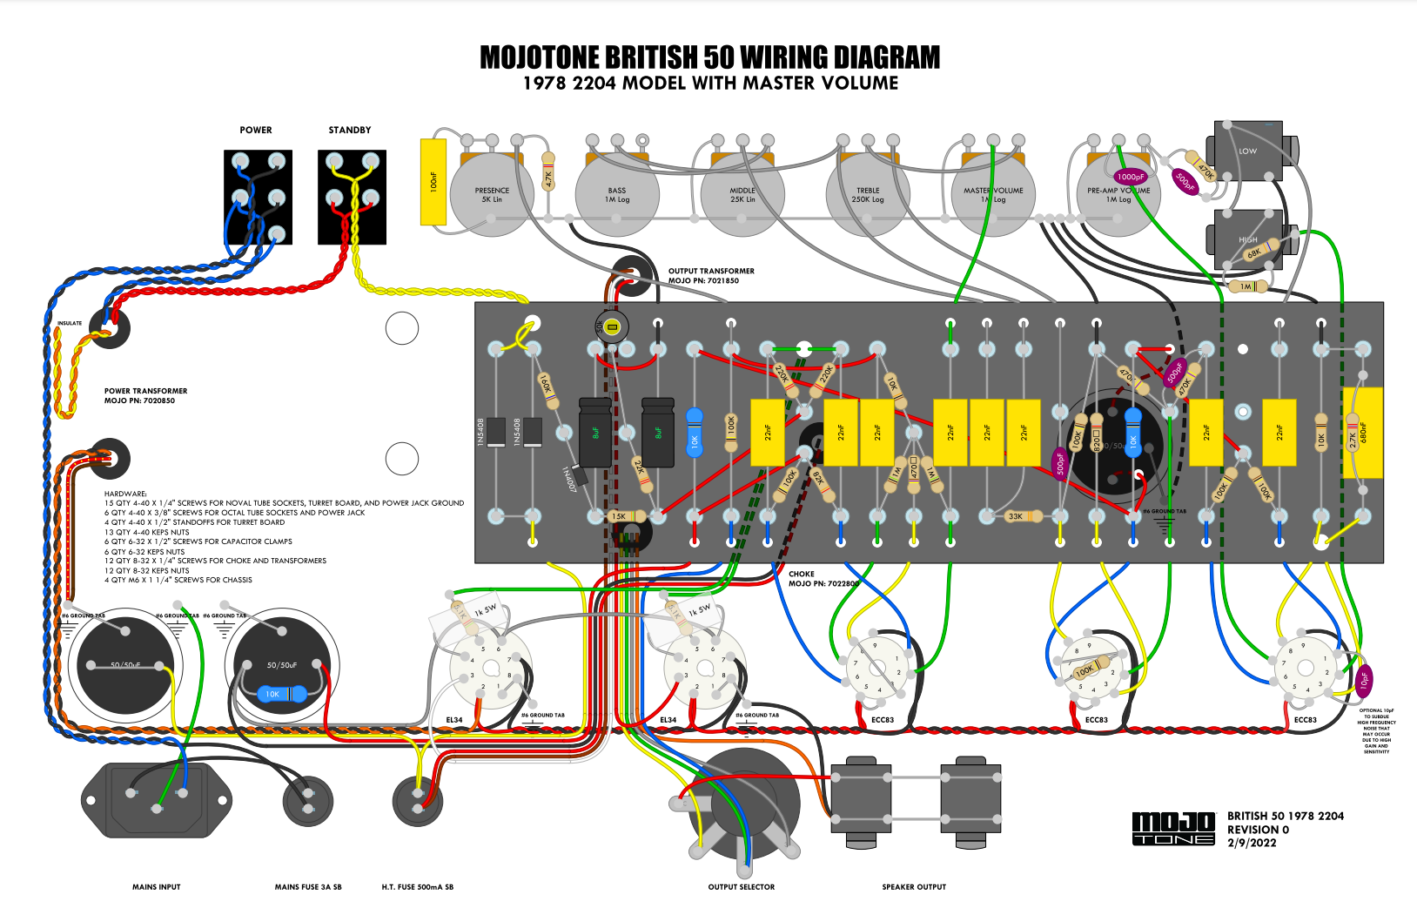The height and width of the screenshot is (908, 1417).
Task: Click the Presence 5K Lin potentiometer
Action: click(x=492, y=195)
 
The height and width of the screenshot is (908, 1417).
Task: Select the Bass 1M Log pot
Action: click(x=617, y=195)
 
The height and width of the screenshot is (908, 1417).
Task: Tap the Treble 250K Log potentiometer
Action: click(x=868, y=195)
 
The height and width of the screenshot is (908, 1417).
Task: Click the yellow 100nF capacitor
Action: click(x=433, y=182)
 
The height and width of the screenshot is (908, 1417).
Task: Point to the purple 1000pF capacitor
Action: click(x=1131, y=177)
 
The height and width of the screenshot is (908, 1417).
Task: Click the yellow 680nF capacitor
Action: click(x=1363, y=433)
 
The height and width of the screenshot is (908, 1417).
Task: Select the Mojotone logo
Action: click(x=1173, y=828)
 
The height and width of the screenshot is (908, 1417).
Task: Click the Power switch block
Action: click(x=258, y=198)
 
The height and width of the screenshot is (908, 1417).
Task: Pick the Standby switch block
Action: click(x=352, y=198)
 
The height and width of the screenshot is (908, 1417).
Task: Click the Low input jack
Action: click(x=1248, y=151)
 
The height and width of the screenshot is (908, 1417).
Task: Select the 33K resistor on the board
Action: click(x=1016, y=516)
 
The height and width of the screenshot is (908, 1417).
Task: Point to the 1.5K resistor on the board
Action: click(x=619, y=516)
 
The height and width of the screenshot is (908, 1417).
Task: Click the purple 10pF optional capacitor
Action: click(x=1365, y=680)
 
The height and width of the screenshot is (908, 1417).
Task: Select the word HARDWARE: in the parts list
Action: click(x=126, y=494)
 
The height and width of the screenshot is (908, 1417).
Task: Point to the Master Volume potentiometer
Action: click(x=993, y=195)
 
